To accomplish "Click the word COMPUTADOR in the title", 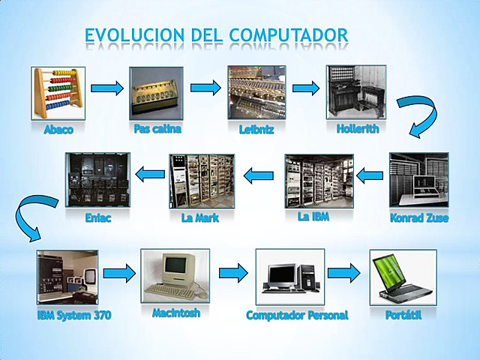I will pyautogui.click(x=289, y=34).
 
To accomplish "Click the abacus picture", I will pyautogui.click(x=58, y=93).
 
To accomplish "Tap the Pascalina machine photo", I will pyautogui.click(x=156, y=93).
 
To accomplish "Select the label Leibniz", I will pyautogui.click(x=256, y=129).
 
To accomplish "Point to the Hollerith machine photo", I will pyautogui.click(x=355, y=92).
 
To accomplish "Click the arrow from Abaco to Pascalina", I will pyautogui.click(x=106, y=88).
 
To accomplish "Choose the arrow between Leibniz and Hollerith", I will pyautogui.click(x=305, y=88).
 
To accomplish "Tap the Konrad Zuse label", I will pyautogui.click(x=418, y=218).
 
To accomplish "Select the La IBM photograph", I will pyautogui.click(x=318, y=181).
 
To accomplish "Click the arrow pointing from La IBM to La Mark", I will pyautogui.click(x=259, y=175).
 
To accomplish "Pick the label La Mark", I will pyautogui.click(x=200, y=219).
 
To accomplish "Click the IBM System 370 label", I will pyautogui.click(x=74, y=316).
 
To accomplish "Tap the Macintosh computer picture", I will pyautogui.click(x=174, y=274).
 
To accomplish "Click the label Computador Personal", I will pyautogui.click(x=297, y=316).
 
